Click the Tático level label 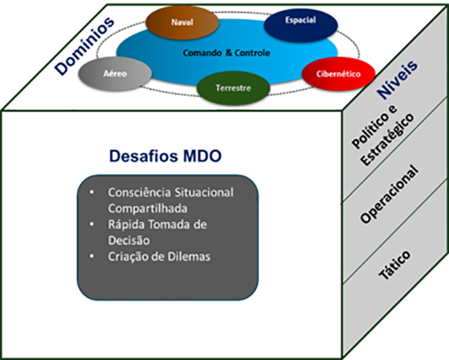click(x=394, y=262)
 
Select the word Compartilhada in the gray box click(x=142, y=208)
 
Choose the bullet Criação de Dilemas click(x=159, y=257)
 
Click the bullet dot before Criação click(x=93, y=257)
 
